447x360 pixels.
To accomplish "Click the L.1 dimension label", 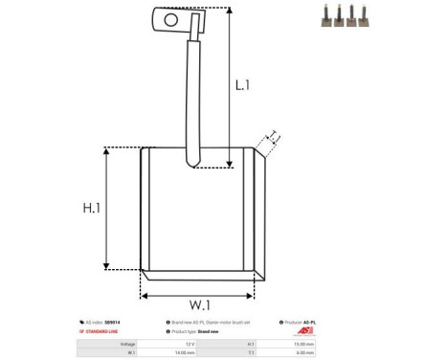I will click(x=244, y=84).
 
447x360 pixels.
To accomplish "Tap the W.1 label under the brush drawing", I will click(x=199, y=304).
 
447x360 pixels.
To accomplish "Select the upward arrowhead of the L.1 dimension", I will click(x=232, y=12).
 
